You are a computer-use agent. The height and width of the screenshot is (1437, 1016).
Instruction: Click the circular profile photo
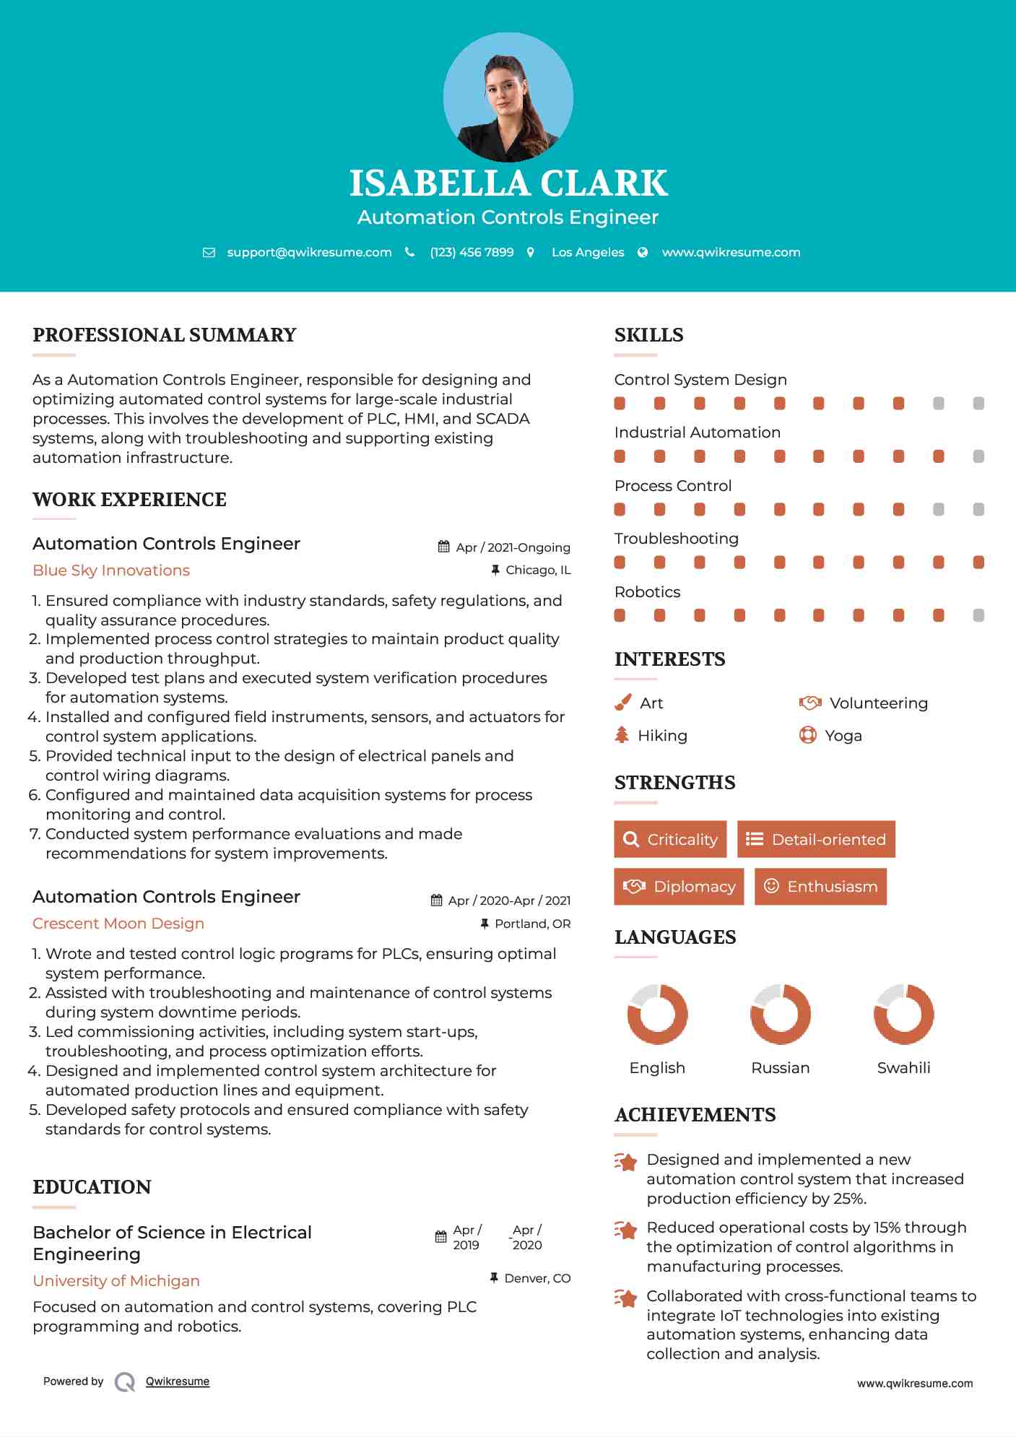[508, 97]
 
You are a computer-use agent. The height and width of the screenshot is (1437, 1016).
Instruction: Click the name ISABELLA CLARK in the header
[508, 183]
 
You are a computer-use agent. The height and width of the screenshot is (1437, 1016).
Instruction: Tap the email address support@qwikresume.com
[309, 252]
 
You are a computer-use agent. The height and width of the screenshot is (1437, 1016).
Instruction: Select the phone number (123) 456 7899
[472, 252]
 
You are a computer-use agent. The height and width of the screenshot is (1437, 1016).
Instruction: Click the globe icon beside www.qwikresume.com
[643, 252]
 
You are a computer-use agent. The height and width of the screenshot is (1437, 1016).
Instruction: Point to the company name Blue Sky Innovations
[111, 570]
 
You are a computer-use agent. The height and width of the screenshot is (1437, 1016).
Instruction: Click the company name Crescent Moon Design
[118, 924]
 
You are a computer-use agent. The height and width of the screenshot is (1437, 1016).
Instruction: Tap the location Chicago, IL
[537, 570]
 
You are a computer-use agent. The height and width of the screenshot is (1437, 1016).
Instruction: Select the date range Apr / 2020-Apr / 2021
[509, 900]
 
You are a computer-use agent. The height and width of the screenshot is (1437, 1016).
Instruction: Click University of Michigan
[116, 1281]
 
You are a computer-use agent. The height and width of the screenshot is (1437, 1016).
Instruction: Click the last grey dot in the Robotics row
[978, 615]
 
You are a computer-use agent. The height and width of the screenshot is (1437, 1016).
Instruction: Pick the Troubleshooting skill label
[676, 539]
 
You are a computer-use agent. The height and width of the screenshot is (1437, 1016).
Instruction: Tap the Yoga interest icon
[807, 735]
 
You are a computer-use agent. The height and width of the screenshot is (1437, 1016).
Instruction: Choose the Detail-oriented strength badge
[816, 839]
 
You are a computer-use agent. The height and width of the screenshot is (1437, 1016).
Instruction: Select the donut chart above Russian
[780, 1014]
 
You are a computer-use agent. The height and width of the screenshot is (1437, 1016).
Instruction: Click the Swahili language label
[903, 1068]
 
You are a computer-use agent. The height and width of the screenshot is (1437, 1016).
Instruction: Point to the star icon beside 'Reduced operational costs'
[626, 1230]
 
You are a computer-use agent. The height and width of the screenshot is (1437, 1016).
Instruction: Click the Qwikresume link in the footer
[178, 1381]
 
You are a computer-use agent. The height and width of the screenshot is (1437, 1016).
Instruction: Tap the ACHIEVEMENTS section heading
[695, 1115]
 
